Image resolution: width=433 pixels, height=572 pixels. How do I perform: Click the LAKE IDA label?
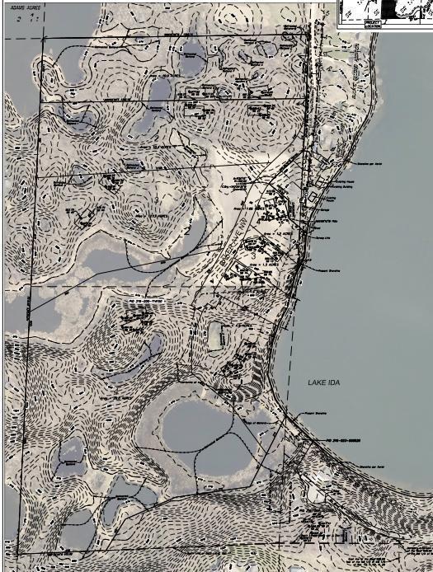pyautogui.click(x=323, y=383)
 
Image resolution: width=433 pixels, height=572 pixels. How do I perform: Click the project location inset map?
pyautogui.click(x=384, y=13)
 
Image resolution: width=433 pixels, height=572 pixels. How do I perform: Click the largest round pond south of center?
pyautogui.click(x=198, y=425)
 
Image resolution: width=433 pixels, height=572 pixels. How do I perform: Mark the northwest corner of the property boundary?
pyautogui.click(x=40, y=38)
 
